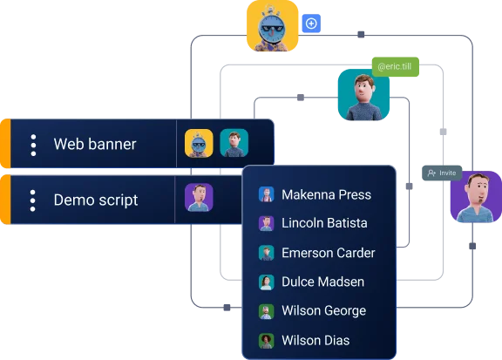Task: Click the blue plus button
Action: [311, 24]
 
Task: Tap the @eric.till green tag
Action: [395, 66]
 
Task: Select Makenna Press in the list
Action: [326, 194]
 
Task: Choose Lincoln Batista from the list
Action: [324, 223]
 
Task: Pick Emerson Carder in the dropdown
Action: [329, 253]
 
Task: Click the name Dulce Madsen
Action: [322, 282]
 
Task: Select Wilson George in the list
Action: [323, 310]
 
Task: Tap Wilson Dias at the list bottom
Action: [315, 340]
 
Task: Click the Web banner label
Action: [95, 144]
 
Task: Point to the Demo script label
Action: [96, 200]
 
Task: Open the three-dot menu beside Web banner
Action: [33, 145]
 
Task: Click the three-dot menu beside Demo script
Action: [32, 200]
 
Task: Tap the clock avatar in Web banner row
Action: [199, 143]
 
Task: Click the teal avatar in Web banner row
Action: [234, 143]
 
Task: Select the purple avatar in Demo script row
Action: [199, 197]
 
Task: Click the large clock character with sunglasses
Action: [273, 25]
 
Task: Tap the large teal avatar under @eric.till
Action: [363, 95]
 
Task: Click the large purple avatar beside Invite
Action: [476, 197]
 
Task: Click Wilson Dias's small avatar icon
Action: [266, 341]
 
